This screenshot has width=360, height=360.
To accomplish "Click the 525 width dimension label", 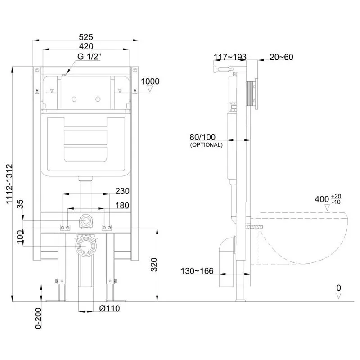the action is pos(86,37).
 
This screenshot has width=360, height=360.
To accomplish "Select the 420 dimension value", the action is pos(86,46).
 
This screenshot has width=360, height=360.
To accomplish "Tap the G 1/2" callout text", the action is pos(89,57).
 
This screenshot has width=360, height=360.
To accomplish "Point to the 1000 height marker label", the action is pos(150,81).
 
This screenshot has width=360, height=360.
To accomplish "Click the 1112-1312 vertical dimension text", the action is pos(9,184).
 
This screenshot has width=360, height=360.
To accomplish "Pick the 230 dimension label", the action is pos(122,191).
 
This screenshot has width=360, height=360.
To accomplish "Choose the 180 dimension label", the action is pos(122,206).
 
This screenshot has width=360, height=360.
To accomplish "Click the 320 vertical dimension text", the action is pos(154,265).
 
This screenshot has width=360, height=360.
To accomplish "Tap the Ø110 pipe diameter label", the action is pos(109,308).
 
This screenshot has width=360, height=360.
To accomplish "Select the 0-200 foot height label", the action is pos(38,318).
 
